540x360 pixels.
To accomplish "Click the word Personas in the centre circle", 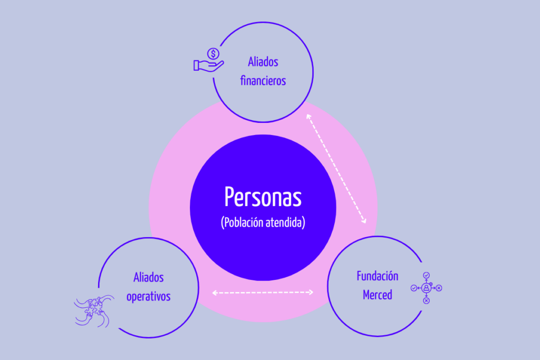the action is click(x=263, y=197).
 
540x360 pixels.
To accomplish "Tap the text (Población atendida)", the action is click(x=263, y=222).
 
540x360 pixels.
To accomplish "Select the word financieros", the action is click(x=263, y=81).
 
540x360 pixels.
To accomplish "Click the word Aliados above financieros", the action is click(x=263, y=62).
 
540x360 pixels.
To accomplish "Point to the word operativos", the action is click(x=148, y=297).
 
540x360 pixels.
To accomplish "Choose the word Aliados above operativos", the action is click(x=148, y=277).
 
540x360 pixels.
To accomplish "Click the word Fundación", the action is click(x=378, y=276).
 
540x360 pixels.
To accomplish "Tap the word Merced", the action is click(x=378, y=295).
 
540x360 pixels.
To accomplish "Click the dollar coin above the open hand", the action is click(x=213, y=54).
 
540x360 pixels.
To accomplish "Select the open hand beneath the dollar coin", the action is click(x=208, y=66).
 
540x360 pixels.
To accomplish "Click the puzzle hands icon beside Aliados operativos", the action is click(x=94, y=311).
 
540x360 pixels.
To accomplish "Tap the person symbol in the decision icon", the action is click(x=426, y=288).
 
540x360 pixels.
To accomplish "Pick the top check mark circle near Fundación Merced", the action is click(x=426, y=275).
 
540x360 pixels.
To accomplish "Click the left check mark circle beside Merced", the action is click(x=414, y=288).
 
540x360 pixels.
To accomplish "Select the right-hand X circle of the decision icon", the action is click(x=439, y=288).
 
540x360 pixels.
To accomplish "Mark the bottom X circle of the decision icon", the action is click(x=426, y=300).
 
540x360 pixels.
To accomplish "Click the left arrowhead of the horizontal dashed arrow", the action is click(x=214, y=293).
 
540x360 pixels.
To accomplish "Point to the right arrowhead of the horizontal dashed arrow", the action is click(x=311, y=292).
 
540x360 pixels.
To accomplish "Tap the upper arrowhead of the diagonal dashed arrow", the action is click(x=308, y=116).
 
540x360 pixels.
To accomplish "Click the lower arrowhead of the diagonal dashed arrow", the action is click(x=364, y=221).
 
